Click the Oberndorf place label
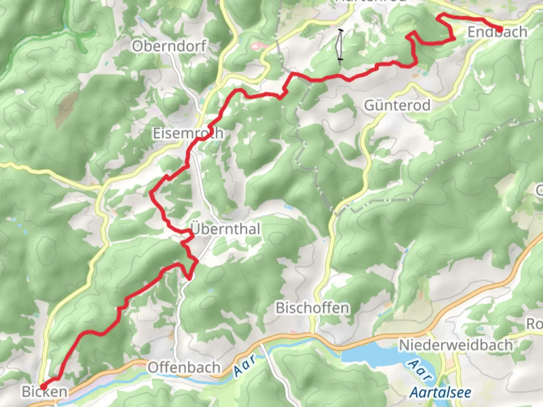(169, 46)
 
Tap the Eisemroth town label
(188, 133)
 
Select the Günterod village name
(397, 105)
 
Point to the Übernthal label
(225, 229)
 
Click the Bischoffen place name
(312, 308)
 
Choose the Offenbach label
(184, 367)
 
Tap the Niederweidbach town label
(456, 345)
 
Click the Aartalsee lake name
(440, 393)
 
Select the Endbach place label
(497, 32)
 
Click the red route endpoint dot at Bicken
(43, 387)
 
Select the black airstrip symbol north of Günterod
(340, 44)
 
